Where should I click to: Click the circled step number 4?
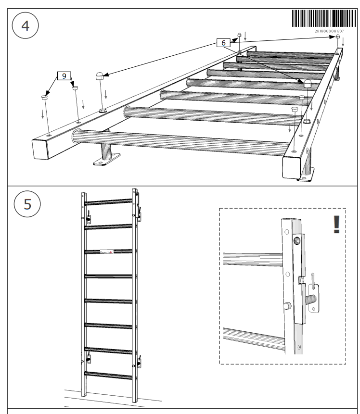coord(25,25)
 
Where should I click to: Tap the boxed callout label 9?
coord(64,75)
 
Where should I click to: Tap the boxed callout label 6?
coord(223,43)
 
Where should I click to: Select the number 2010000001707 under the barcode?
coord(329,31)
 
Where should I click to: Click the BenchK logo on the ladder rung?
coord(106,252)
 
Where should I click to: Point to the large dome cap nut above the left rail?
coord(99,75)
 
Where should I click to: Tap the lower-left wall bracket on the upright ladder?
coord(89,358)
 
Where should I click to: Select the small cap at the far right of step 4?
coord(338,37)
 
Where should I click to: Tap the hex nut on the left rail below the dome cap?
coord(103,111)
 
